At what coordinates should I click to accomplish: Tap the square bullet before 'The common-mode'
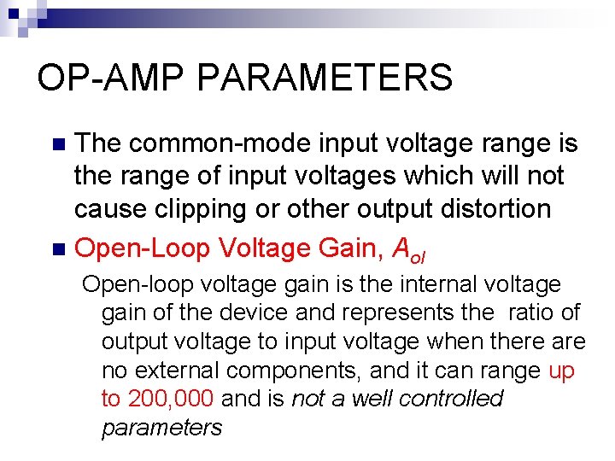[x=58, y=144]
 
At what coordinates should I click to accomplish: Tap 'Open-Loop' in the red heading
[x=143, y=248]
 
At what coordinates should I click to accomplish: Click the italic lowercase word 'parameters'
[x=161, y=428]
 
